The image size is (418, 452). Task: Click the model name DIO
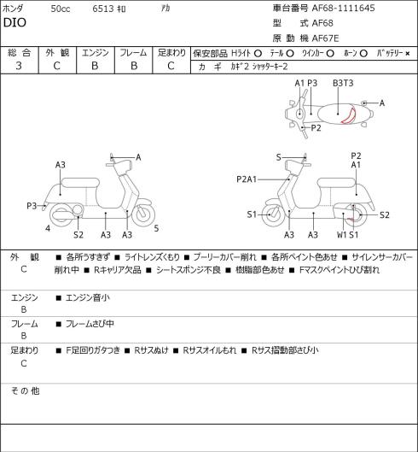15,23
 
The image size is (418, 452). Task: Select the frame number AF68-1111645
344,8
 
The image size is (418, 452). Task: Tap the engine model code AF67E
326,38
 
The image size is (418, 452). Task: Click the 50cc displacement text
61,9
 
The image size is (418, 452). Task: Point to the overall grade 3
19,66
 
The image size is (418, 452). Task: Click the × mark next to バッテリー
408,54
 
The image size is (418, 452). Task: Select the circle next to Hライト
258,53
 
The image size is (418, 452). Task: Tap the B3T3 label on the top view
343,83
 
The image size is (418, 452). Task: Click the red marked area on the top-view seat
349,115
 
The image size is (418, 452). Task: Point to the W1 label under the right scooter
342,235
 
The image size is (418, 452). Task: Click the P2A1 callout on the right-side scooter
247,179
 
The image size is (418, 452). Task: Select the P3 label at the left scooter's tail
32,206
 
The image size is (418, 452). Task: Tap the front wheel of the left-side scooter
143,214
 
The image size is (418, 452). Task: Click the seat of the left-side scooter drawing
80,183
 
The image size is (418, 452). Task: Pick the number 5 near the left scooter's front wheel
156,228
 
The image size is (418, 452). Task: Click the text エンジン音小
88,297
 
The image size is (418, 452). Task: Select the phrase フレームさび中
90,324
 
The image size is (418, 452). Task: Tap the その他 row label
25,391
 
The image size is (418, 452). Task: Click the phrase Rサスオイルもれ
210,350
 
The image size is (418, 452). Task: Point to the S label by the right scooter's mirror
278,157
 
